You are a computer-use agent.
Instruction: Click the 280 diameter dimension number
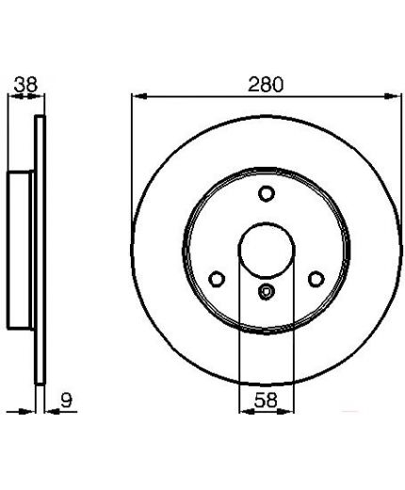pyautogui.click(x=266, y=84)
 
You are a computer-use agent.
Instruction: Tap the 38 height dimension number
pyautogui.click(x=25, y=84)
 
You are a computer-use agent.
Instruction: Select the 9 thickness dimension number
pyautogui.click(x=66, y=400)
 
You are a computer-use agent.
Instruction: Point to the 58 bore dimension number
pyautogui.click(x=266, y=400)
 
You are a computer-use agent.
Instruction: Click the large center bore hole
pyautogui.click(x=267, y=251)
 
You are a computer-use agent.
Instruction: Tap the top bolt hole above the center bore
pyautogui.click(x=267, y=193)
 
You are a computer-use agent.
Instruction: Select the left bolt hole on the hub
pyautogui.click(x=217, y=279)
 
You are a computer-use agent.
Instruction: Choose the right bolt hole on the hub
pyautogui.click(x=316, y=279)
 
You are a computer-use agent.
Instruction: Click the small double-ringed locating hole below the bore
pyautogui.click(x=267, y=291)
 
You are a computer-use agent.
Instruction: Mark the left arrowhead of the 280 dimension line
pyautogui.click(x=139, y=96)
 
